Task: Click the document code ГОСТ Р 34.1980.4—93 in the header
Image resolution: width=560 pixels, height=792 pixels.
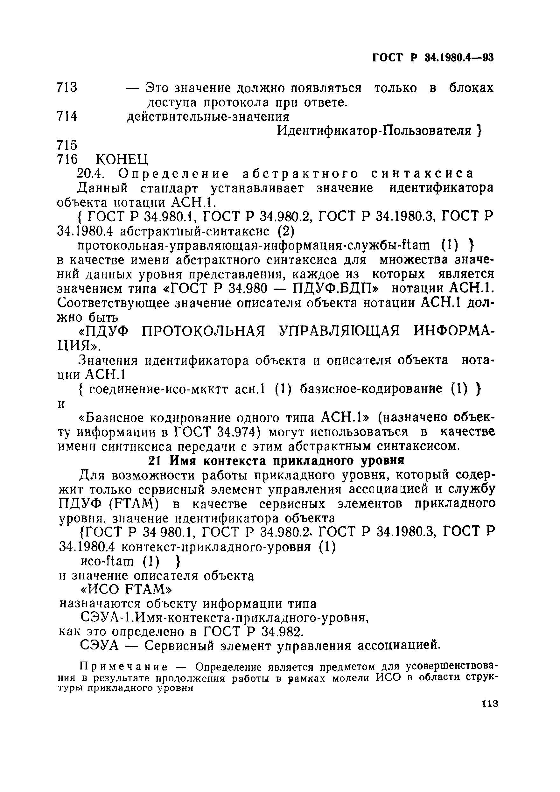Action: pos(433,57)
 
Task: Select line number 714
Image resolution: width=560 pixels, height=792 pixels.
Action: pos(67,116)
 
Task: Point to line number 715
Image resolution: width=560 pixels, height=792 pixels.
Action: pos(67,145)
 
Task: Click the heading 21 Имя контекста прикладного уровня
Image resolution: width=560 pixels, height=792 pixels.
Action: pos(276,461)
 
